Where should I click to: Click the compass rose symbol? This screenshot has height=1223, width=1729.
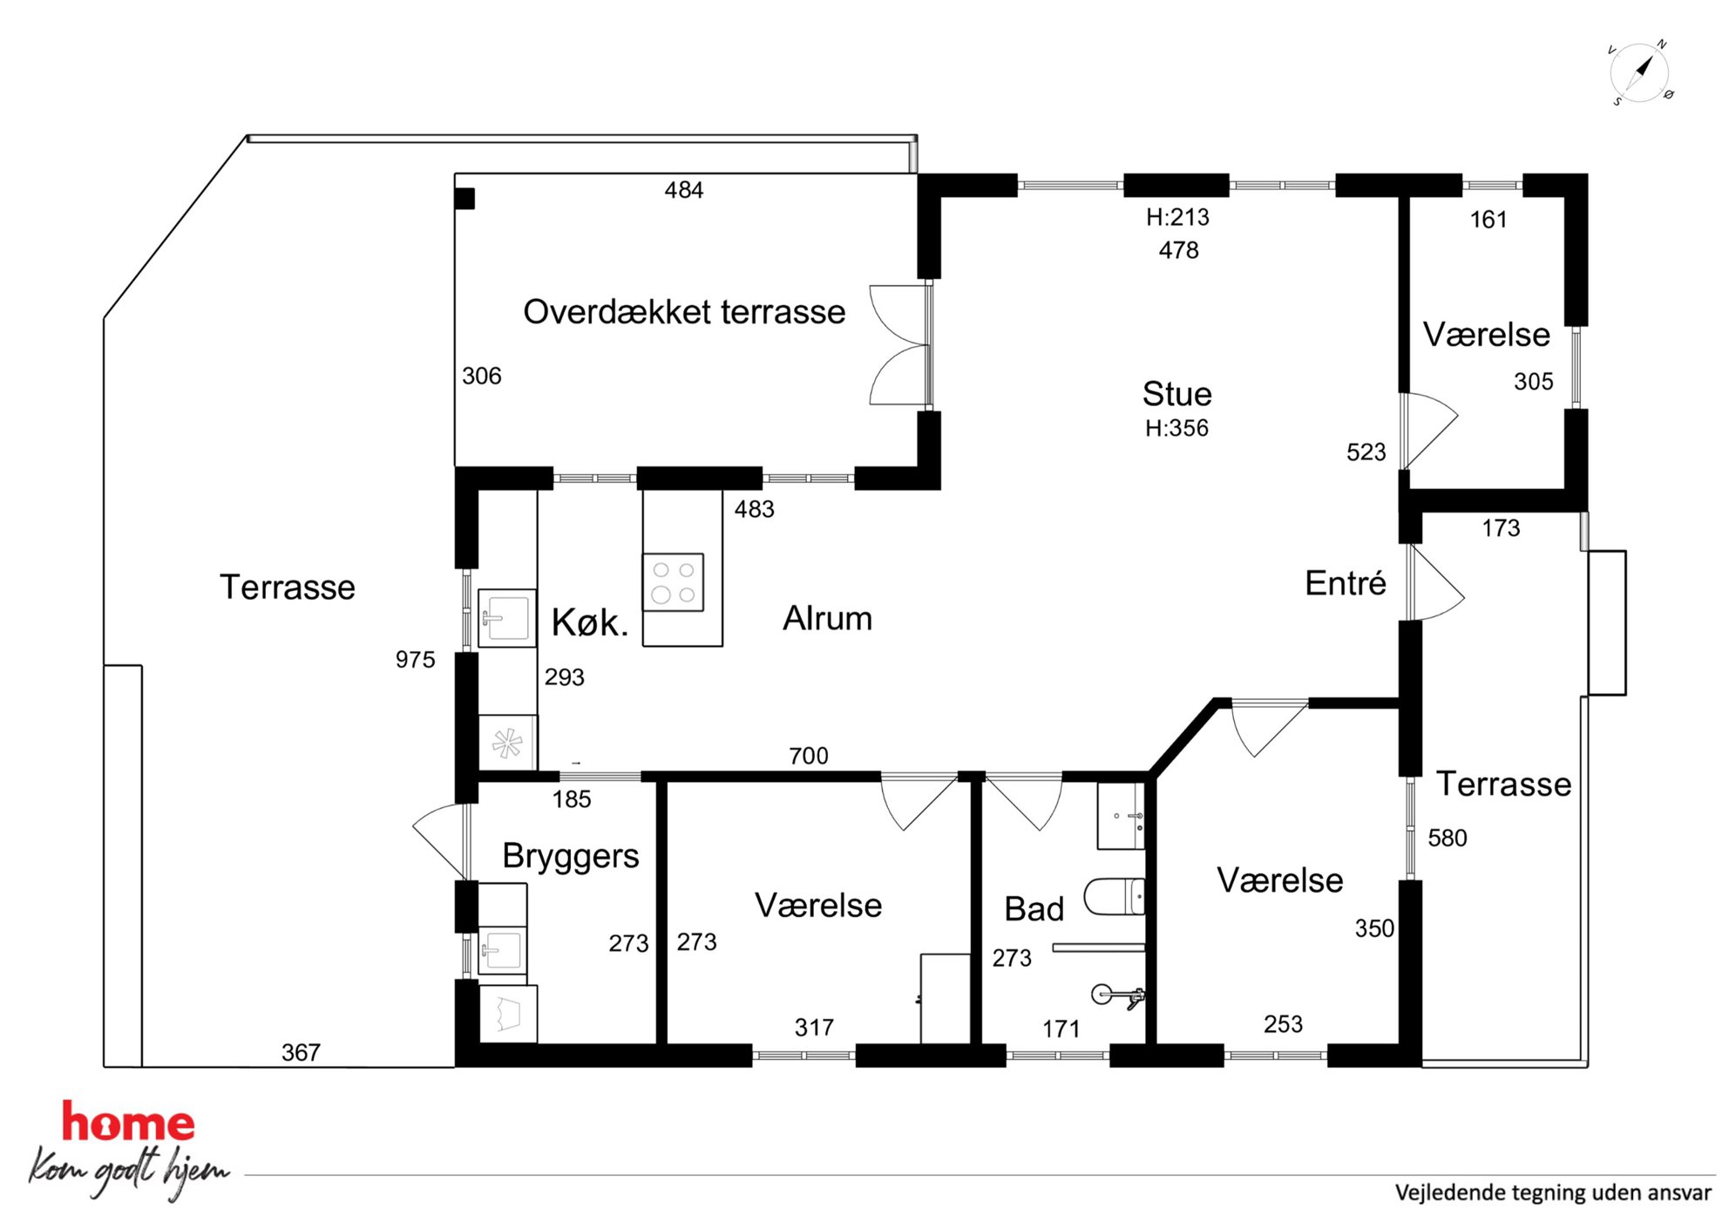tap(1640, 72)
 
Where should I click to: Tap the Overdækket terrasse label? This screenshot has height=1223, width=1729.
tap(684, 312)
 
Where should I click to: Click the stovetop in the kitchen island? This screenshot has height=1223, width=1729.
tap(674, 581)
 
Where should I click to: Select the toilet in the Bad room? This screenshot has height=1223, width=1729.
tap(1114, 896)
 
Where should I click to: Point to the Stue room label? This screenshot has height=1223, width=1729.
tap(1176, 394)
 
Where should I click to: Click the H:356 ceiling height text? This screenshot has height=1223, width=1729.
tap(1176, 428)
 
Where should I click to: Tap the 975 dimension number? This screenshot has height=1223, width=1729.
tap(415, 660)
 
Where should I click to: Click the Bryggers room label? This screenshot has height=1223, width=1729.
tap(571, 856)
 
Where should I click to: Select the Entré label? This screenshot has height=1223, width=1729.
tap(1345, 583)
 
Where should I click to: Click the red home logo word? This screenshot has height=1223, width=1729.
tap(128, 1122)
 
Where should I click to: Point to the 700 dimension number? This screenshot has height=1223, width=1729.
tap(809, 756)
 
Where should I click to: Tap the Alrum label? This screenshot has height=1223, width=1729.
tap(827, 618)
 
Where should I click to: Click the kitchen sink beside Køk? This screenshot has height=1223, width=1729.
tap(506, 618)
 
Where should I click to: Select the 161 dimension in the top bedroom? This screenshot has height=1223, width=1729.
tap(1488, 220)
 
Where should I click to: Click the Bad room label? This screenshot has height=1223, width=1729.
tap(1034, 909)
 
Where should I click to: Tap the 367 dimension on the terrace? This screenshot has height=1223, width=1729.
tap(301, 1053)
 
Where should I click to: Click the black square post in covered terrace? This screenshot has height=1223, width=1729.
tap(464, 199)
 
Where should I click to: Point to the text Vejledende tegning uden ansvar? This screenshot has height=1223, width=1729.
tap(1553, 1192)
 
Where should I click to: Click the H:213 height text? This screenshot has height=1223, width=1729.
tap(1177, 217)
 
